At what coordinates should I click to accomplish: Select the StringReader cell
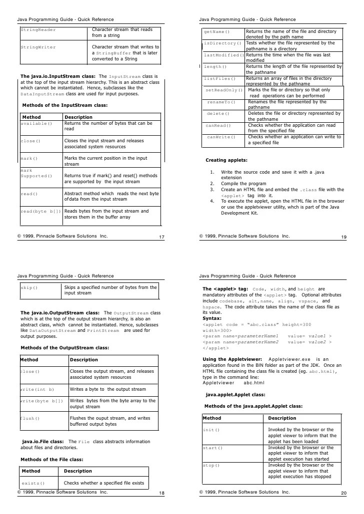pos(38,30)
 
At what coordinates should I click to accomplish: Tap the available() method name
pos(36,123)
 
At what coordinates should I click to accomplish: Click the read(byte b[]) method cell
pos(40,211)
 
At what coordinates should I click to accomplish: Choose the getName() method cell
pos(217,31)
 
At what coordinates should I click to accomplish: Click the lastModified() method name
pos(223,55)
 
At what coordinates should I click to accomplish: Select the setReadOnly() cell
pos(224,90)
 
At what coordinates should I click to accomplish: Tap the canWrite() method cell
pos(220,137)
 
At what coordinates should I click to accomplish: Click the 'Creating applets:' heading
pos(226,160)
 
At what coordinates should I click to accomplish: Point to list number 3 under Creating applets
pos(212,190)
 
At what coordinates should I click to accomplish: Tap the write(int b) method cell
pos(37,389)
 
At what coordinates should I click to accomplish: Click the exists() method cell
pos(33,484)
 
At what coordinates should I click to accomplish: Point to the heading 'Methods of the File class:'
pos(51,459)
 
